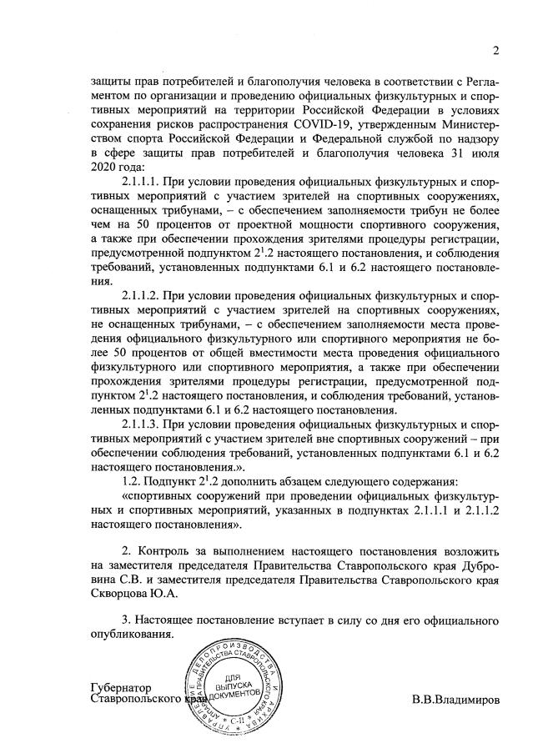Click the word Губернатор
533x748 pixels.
(119, 687)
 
